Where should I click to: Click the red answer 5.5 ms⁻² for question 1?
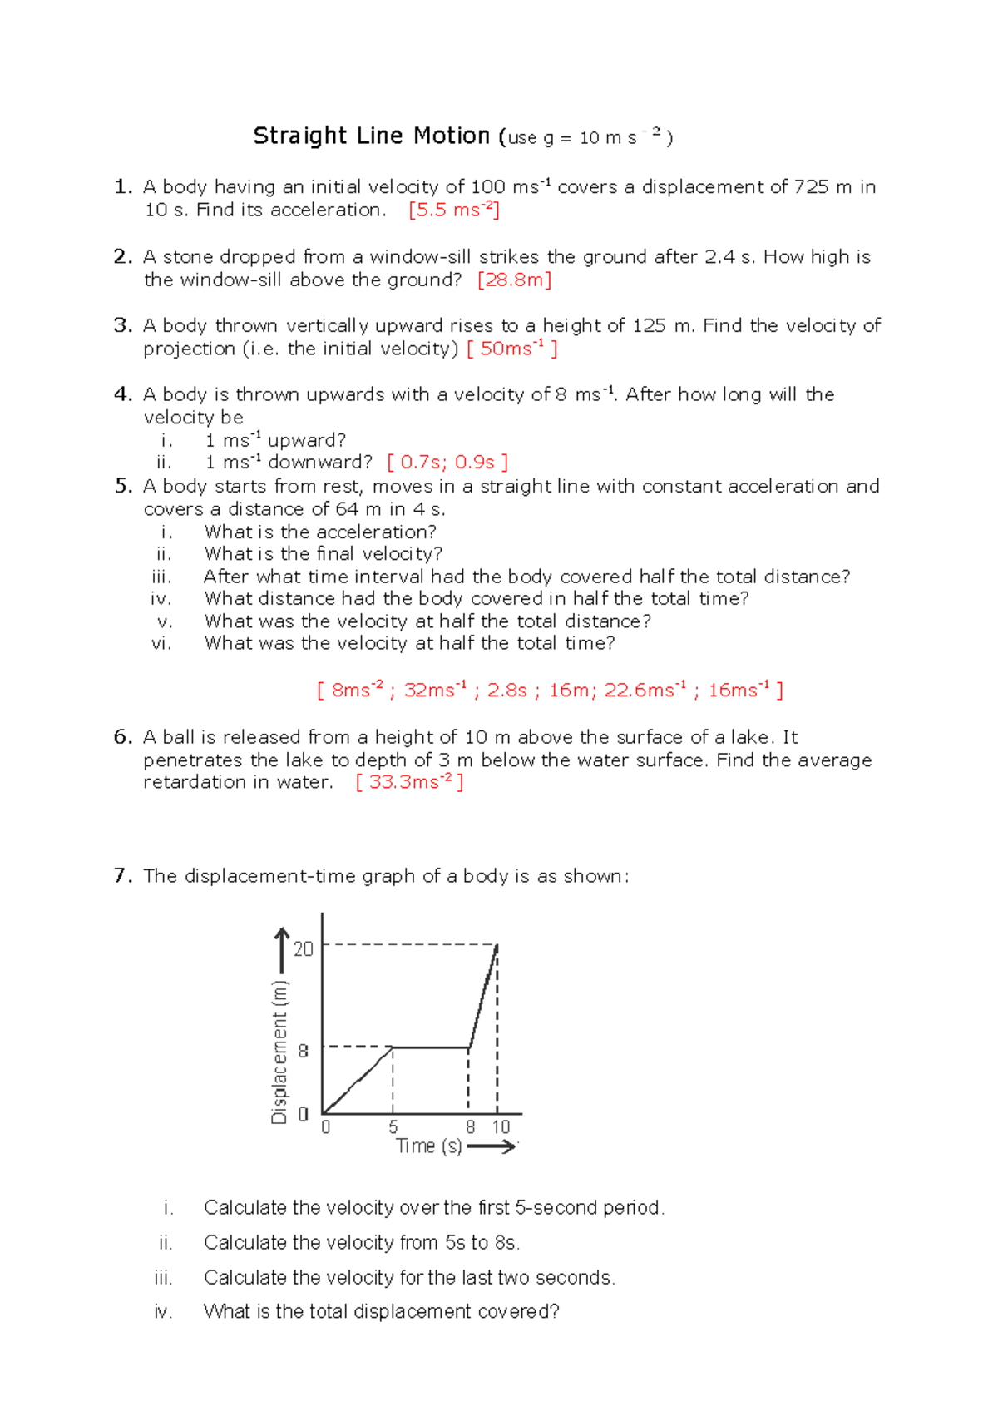tap(454, 210)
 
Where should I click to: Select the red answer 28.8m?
tap(515, 280)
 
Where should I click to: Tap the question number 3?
tap(122, 325)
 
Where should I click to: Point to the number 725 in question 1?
tap(811, 187)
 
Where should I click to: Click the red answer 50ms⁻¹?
tap(512, 349)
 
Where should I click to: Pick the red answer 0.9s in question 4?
tap(475, 463)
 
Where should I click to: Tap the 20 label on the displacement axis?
tap(304, 948)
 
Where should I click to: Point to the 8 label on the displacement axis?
tap(304, 1051)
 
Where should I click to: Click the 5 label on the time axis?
tap(393, 1127)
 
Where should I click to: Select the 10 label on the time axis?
tap(501, 1127)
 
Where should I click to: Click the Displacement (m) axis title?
tap(279, 1052)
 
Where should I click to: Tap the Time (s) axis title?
tap(428, 1146)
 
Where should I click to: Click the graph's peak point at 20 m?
tap(497, 945)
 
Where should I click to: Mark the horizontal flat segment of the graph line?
tap(431, 1047)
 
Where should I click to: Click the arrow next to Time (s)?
tap(492, 1146)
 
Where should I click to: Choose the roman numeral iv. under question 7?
tap(163, 1312)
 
